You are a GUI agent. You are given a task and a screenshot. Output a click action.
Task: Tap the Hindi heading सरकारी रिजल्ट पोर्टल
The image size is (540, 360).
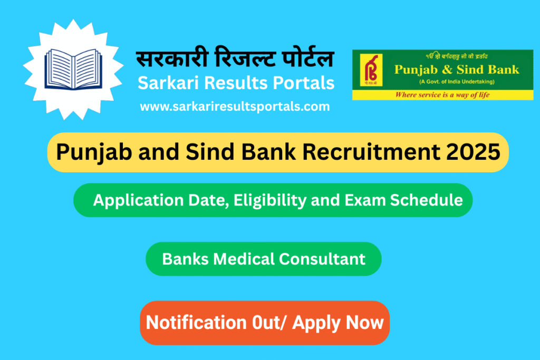pos(235,59)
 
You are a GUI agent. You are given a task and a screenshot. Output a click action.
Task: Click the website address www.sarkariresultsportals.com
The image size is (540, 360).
pos(235,106)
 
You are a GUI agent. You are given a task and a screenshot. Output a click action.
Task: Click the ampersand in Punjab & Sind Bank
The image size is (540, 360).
pos(446,70)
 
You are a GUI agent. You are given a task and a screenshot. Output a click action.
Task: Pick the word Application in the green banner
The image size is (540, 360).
pos(135,200)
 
